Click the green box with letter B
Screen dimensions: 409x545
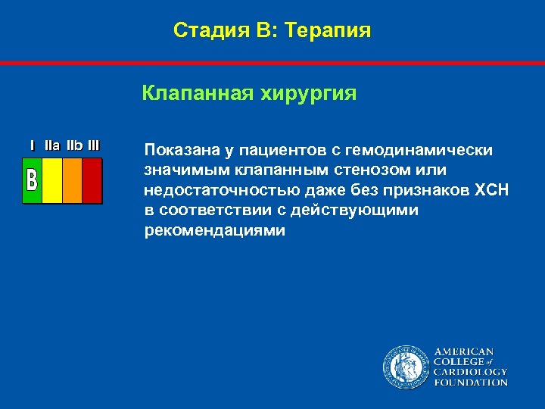pyautogui.click(x=32, y=180)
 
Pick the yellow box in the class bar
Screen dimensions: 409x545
pyautogui.click(x=52, y=180)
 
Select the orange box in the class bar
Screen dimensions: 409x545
pyautogui.click(x=72, y=180)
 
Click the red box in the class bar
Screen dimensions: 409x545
pyautogui.click(x=92, y=180)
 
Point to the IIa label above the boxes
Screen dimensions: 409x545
pyautogui.click(x=52, y=145)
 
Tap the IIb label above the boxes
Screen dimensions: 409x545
pyautogui.click(x=74, y=145)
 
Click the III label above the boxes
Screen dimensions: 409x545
pyautogui.click(x=93, y=145)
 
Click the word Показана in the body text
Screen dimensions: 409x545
pyautogui.click(x=179, y=150)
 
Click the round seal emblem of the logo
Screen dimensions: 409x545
pyautogui.click(x=405, y=367)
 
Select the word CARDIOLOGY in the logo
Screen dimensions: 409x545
pyautogui.click(x=470, y=372)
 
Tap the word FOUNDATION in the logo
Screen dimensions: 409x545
pyautogui.click(x=470, y=382)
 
